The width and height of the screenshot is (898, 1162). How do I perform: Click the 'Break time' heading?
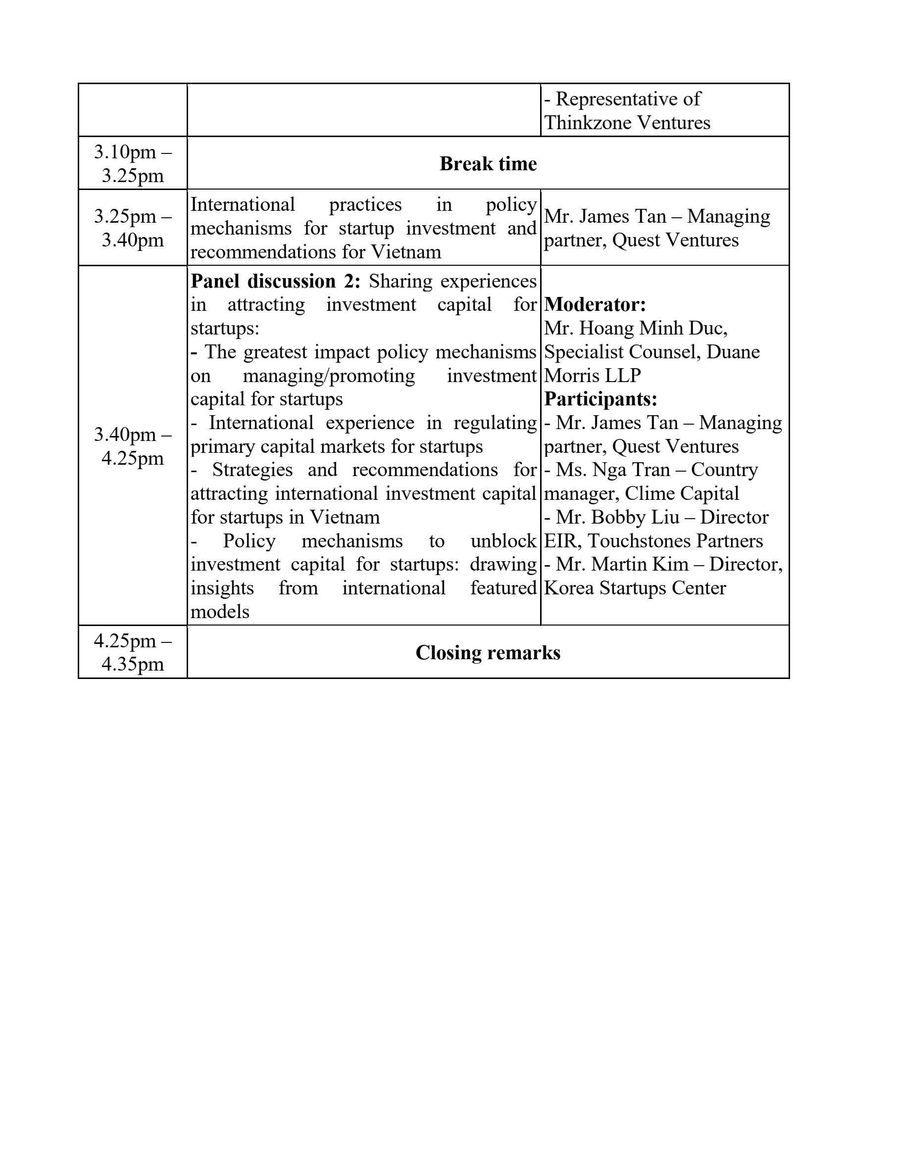coord(488,164)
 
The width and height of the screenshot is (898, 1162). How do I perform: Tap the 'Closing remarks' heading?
coord(488,653)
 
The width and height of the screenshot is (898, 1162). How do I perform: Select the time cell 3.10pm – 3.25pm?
coord(133,164)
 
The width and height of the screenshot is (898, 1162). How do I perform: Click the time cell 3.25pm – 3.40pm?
coord(133,228)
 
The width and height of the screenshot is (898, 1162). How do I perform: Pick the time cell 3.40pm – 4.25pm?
coord(133,446)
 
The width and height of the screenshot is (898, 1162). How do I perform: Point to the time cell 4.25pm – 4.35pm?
coord(133,653)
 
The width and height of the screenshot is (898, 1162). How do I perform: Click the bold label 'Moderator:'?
coord(595,305)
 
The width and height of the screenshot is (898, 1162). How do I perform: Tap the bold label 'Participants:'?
coord(600,399)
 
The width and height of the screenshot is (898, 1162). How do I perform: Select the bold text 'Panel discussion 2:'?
coord(275,282)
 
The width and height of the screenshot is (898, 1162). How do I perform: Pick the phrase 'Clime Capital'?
coord(681,494)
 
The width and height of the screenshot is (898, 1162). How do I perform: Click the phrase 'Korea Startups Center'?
coord(635,588)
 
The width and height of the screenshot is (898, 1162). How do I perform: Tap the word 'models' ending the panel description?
coord(220,612)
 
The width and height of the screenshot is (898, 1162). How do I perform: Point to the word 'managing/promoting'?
coord(328,376)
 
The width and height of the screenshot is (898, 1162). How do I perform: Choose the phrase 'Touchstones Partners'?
coord(675,541)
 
